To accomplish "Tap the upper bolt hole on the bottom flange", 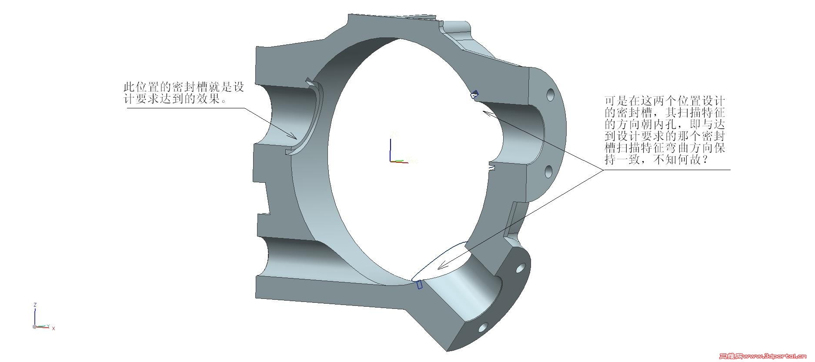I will click(x=519, y=267).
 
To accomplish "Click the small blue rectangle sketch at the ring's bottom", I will click(x=420, y=285).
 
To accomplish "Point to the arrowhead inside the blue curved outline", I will click(x=443, y=265).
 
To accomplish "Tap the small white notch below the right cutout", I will click(x=492, y=167).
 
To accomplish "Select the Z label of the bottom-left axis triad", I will click(x=35, y=305).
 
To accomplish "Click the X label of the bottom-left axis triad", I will click(x=53, y=328).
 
